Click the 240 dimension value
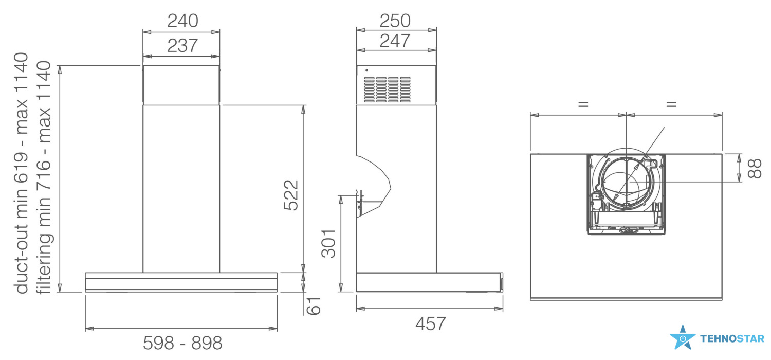[x=182, y=21]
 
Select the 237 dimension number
[x=182, y=45]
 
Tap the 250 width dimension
[x=395, y=21]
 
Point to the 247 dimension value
[x=395, y=41]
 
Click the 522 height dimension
[x=291, y=195]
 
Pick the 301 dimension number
[x=328, y=244]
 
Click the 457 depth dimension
[x=430, y=324]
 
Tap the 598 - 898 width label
[x=182, y=343]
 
